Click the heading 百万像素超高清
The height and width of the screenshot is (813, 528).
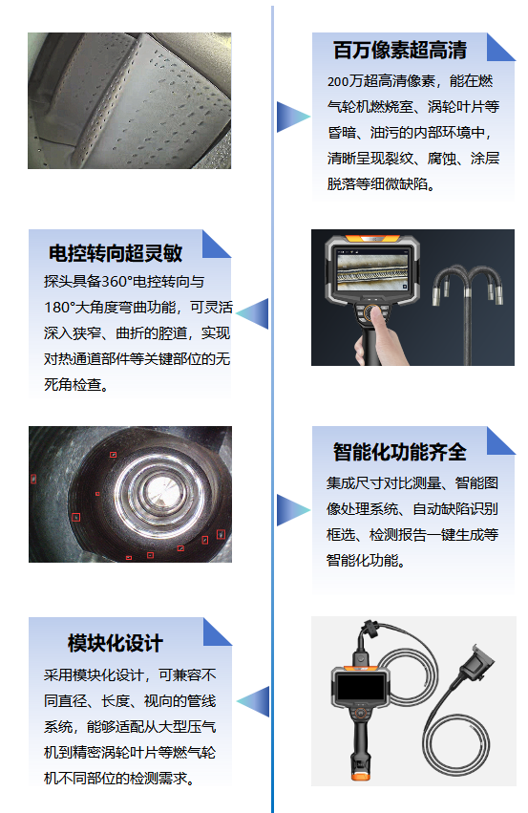coord(399,51)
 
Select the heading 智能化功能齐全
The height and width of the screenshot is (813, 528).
coord(399,452)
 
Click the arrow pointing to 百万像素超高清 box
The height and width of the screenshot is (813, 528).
coord(291,117)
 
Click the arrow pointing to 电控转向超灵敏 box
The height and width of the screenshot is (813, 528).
coord(253,313)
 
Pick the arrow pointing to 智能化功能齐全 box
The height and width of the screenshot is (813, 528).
coord(291,509)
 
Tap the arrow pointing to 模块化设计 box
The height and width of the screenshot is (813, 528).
coord(253,700)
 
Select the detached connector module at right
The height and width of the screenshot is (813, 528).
coord(474,663)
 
